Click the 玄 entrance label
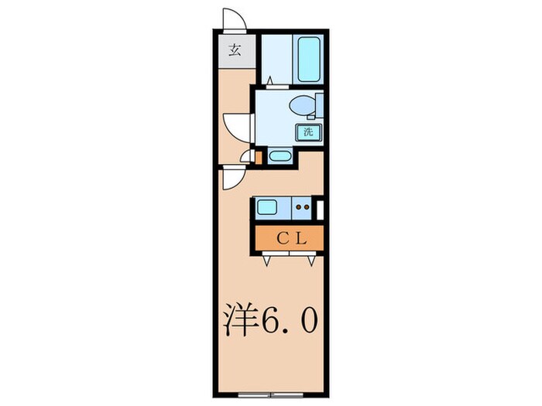pos(234,52)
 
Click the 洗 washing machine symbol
pos(308,132)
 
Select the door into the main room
pos(233,177)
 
